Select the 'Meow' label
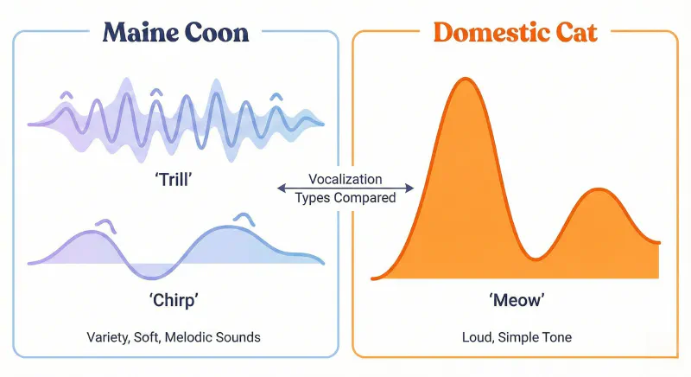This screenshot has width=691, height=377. click(x=517, y=302)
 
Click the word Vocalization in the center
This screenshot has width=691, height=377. click(x=345, y=180)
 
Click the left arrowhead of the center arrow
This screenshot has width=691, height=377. click(x=280, y=188)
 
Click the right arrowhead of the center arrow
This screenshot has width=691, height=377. click(x=411, y=188)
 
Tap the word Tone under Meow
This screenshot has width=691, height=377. click(x=555, y=336)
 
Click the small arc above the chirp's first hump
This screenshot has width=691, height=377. click(x=105, y=224)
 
